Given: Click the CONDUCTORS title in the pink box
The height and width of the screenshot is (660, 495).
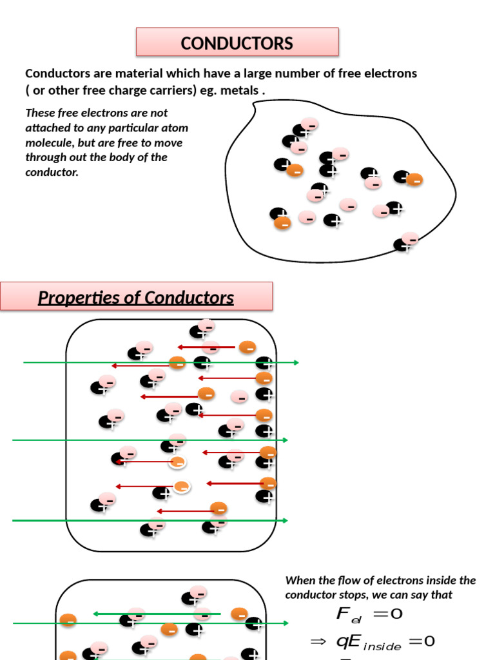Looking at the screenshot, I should (x=237, y=43).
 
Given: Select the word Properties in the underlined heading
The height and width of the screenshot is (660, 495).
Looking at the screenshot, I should (x=77, y=298).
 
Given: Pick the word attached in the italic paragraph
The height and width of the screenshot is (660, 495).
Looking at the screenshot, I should (x=46, y=128).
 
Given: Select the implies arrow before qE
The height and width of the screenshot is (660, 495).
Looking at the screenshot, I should (x=318, y=641).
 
